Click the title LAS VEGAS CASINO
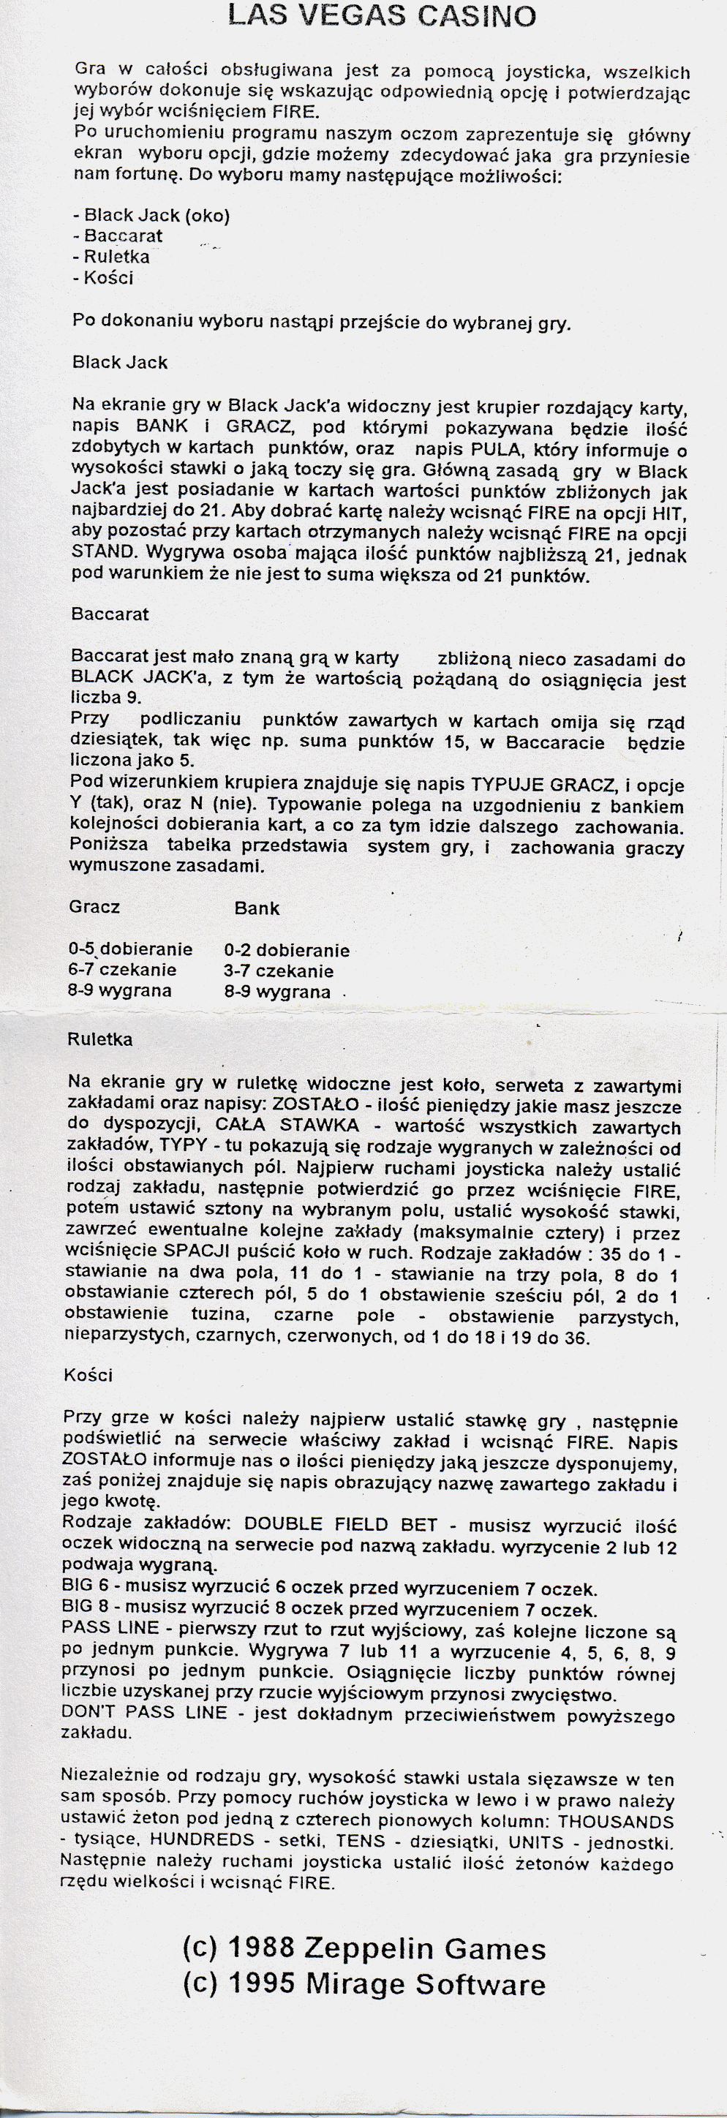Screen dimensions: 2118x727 pos(383,15)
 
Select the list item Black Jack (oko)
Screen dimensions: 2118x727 pos(151,216)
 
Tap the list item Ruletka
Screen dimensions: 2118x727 pos(111,257)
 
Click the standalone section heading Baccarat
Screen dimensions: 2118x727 pos(110,614)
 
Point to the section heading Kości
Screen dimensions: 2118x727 pos(87,1375)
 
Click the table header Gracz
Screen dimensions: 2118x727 pos(94,907)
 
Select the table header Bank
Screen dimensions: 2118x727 pos(257,908)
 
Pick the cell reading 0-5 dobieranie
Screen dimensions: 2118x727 pos(130,949)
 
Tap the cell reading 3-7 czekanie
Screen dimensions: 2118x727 pos(279,971)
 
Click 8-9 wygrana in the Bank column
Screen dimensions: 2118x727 pos(277,992)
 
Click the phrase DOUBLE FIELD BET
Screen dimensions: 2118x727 pos(341,1524)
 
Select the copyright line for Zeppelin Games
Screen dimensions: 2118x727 pos(363,1948)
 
